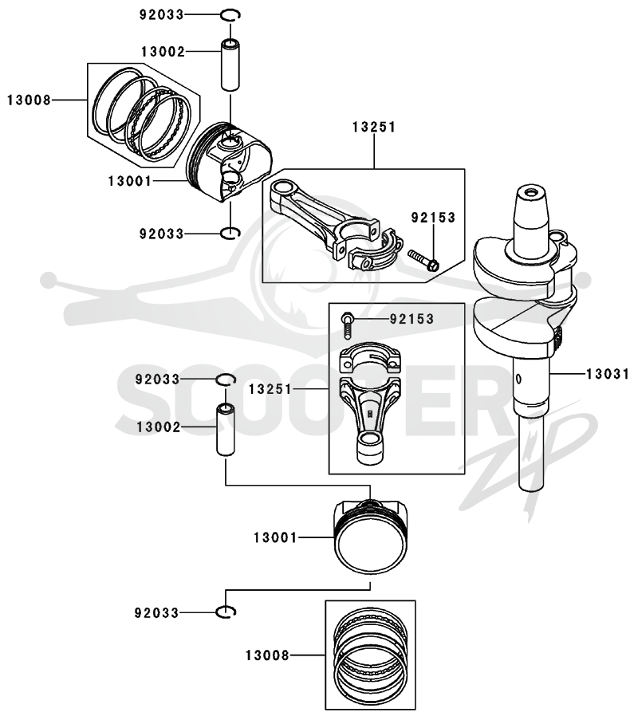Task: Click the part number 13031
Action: [607, 374]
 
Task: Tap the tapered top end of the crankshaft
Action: [533, 202]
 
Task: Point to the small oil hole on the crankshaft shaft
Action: [518, 379]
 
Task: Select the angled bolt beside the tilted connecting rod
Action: [423, 260]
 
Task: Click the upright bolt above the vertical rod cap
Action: [347, 325]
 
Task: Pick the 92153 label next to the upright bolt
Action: [412, 319]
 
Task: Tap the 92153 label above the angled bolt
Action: [433, 217]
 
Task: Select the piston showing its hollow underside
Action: [230, 163]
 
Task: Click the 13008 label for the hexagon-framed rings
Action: [29, 100]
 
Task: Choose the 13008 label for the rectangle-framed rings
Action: [267, 655]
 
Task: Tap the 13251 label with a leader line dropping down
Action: [374, 128]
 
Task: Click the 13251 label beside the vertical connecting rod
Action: [270, 389]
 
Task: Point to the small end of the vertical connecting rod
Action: [370, 447]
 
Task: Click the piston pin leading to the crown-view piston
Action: [225, 429]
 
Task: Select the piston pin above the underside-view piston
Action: [230, 65]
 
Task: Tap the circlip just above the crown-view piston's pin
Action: [226, 380]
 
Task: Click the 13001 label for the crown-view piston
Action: [275, 537]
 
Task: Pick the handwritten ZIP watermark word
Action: [528, 464]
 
